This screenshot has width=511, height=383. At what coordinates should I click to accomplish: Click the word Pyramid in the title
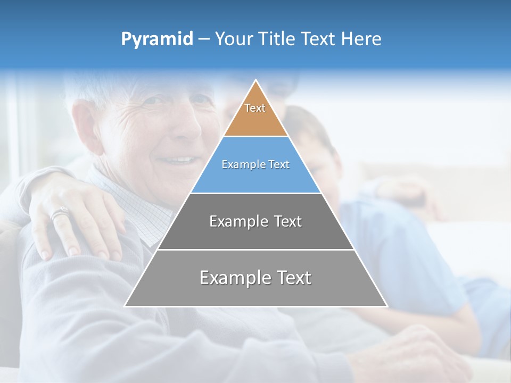pyautogui.click(x=156, y=39)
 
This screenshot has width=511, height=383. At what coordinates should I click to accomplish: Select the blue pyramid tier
pyautogui.click(x=256, y=176)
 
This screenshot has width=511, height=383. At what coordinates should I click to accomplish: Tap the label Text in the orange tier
pyautogui.click(x=255, y=108)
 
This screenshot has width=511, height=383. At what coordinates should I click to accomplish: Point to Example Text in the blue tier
pyautogui.click(x=256, y=164)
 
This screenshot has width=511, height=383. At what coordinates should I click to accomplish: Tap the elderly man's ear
pyautogui.click(x=85, y=128)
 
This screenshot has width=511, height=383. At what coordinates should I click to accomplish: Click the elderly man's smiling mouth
pyautogui.click(x=178, y=160)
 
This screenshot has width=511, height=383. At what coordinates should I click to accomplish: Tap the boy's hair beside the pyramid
pyautogui.click(x=314, y=128)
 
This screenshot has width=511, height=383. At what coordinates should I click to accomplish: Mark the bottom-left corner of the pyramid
pyautogui.click(x=126, y=306)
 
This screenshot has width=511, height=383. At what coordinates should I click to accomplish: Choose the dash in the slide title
pyautogui.click(x=204, y=39)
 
